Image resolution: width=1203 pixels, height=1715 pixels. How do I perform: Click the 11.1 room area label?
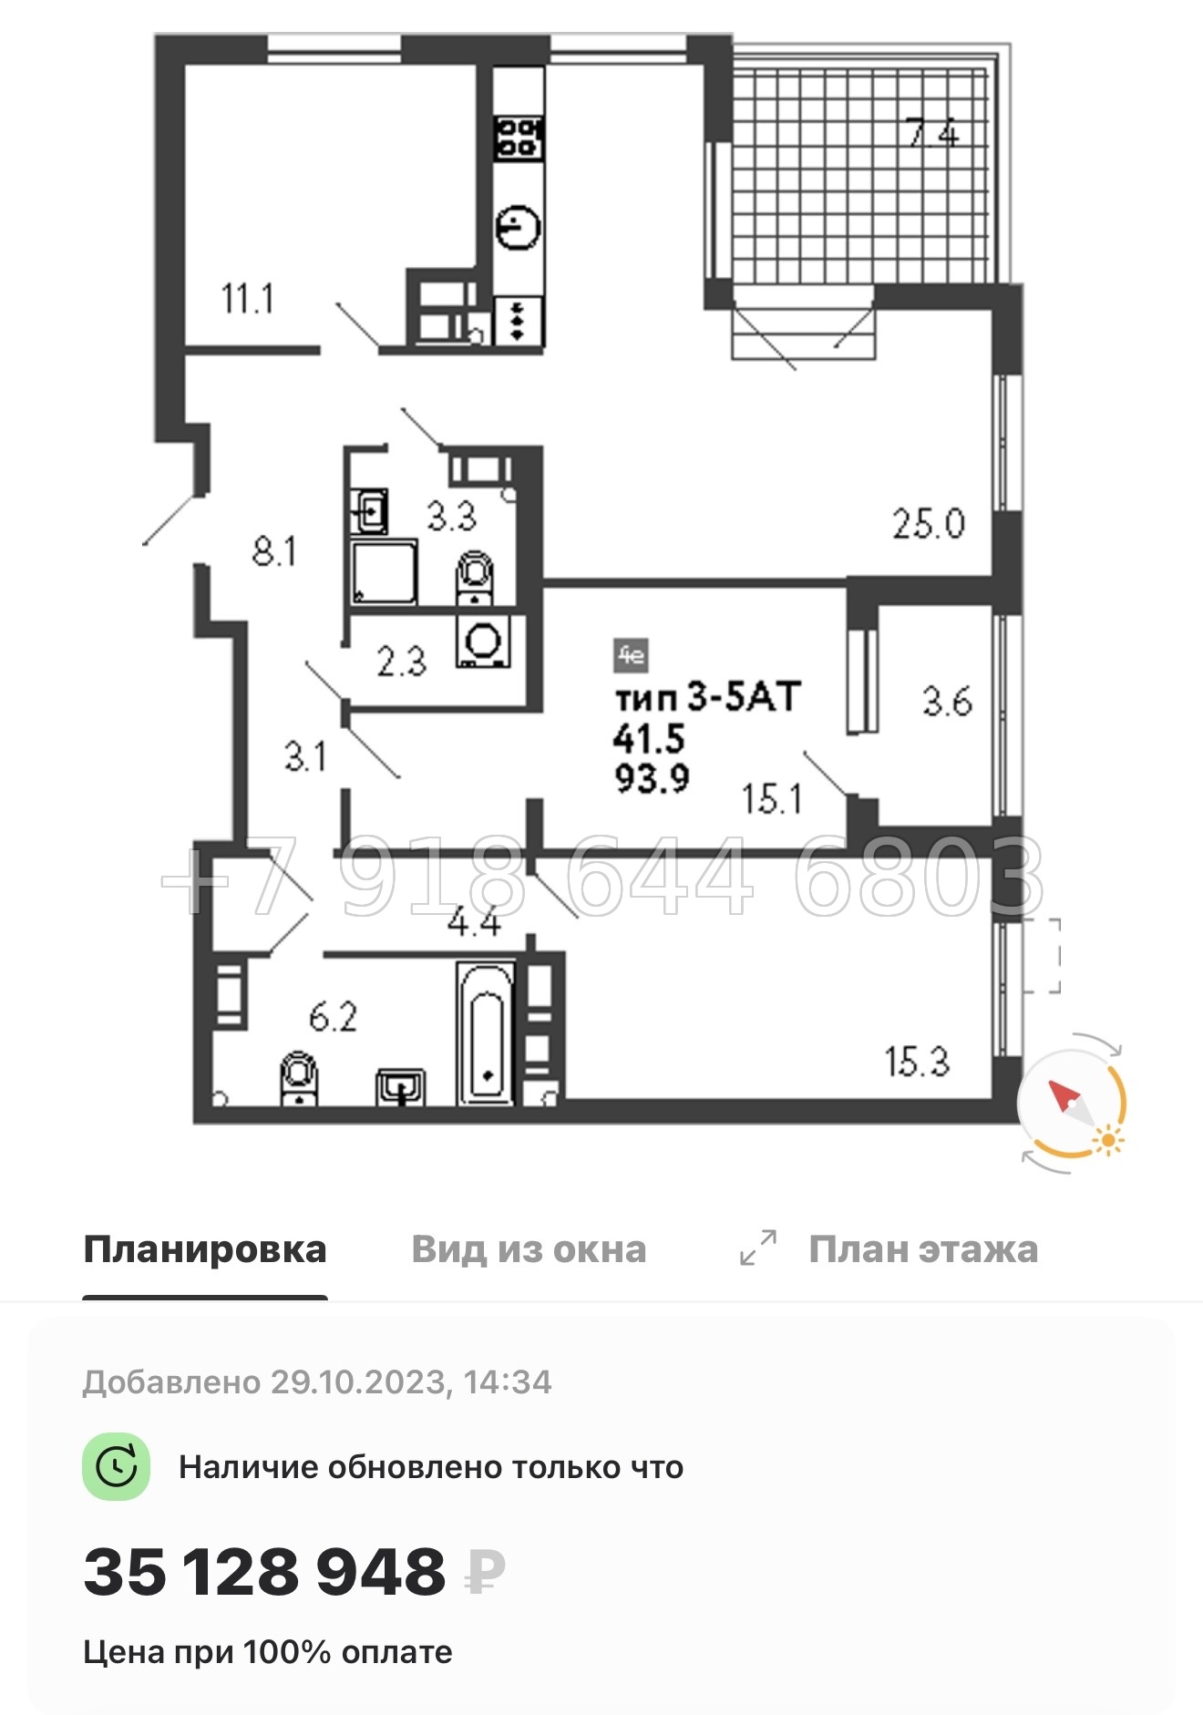click(247, 299)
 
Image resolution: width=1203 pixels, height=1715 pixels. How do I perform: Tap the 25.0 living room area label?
click(928, 524)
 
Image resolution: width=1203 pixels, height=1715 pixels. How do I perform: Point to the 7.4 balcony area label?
click(932, 134)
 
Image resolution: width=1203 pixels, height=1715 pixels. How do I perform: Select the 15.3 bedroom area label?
click(917, 1062)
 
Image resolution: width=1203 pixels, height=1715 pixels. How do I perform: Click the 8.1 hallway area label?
click(274, 551)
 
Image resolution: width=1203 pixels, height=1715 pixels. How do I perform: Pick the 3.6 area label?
click(947, 702)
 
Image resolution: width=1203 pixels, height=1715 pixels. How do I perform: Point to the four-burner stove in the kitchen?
click(519, 137)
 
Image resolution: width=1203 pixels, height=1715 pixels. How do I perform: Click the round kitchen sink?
click(518, 227)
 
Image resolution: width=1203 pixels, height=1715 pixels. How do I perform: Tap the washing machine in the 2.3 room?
click(482, 642)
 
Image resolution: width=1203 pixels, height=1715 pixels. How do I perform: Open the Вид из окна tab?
click(529, 1249)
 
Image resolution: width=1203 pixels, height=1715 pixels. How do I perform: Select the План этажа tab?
click(922, 1249)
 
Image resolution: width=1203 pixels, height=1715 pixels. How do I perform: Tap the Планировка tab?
click(205, 1249)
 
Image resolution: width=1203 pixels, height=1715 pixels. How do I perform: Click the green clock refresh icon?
click(116, 1467)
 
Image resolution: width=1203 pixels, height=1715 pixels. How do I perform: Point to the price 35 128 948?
click(264, 1572)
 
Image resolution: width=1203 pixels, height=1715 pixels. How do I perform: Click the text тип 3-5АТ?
click(707, 697)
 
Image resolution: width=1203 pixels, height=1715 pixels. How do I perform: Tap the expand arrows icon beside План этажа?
click(758, 1248)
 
